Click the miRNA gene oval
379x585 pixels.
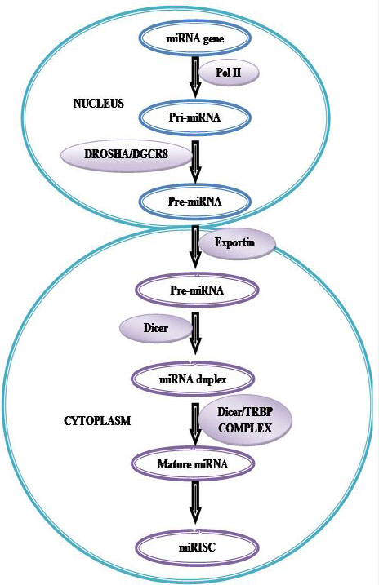click(x=195, y=38)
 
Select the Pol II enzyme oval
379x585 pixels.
click(x=228, y=72)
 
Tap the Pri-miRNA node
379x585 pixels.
click(x=195, y=117)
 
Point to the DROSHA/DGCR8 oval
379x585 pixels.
click(x=127, y=154)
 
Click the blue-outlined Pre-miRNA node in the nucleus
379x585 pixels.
click(x=195, y=202)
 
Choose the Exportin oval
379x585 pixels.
click(x=236, y=243)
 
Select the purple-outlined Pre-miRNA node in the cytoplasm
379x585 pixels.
click(x=197, y=290)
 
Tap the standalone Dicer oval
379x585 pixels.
click(x=156, y=328)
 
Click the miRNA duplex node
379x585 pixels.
click(x=193, y=379)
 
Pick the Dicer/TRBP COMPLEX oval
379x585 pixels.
click(x=246, y=420)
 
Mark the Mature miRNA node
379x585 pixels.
click(x=193, y=463)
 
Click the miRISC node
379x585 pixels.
click(x=197, y=547)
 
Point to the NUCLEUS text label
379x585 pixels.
click(x=98, y=104)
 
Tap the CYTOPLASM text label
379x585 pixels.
click(x=98, y=421)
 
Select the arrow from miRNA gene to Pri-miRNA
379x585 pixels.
click(x=195, y=77)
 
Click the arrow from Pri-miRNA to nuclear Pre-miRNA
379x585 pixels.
click(x=195, y=162)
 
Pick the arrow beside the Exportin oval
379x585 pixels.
click(x=195, y=246)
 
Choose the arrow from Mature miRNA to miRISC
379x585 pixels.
click(x=195, y=503)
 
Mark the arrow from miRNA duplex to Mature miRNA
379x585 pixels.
click(x=195, y=423)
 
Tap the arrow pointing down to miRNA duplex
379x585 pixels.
click(x=195, y=333)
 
